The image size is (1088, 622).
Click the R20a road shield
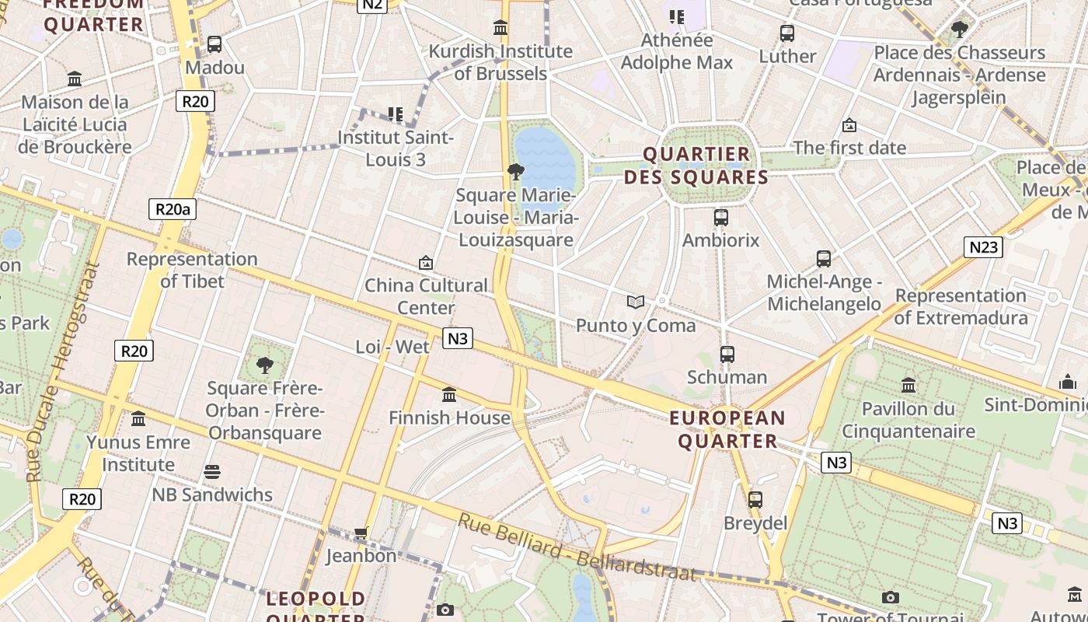tap(172, 208)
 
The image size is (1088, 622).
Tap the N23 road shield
tap(983, 247)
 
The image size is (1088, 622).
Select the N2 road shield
tap(372, 4)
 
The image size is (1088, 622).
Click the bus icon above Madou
tap(214, 44)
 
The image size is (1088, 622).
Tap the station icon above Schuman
tap(727, 355)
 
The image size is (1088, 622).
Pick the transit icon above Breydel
tap(755, 500)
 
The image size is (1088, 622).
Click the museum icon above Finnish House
tap(448, 394)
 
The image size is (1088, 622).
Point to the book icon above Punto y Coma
tap(636, 302)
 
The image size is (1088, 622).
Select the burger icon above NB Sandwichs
tap(211, 472)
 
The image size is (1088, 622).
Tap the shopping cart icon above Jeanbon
tap(361, 533)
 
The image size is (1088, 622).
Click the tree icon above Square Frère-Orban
tap(265, 365)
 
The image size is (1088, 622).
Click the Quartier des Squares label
tap(696, 166)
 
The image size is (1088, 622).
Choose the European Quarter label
tap(727, 430)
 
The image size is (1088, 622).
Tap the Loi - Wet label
tap(392, 347)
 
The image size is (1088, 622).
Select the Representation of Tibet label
tap(192, 270)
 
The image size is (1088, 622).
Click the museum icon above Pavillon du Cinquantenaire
tap(908, 385)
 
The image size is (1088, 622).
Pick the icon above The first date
tap(849, 125)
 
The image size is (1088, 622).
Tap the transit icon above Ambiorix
tap(720, 218)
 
